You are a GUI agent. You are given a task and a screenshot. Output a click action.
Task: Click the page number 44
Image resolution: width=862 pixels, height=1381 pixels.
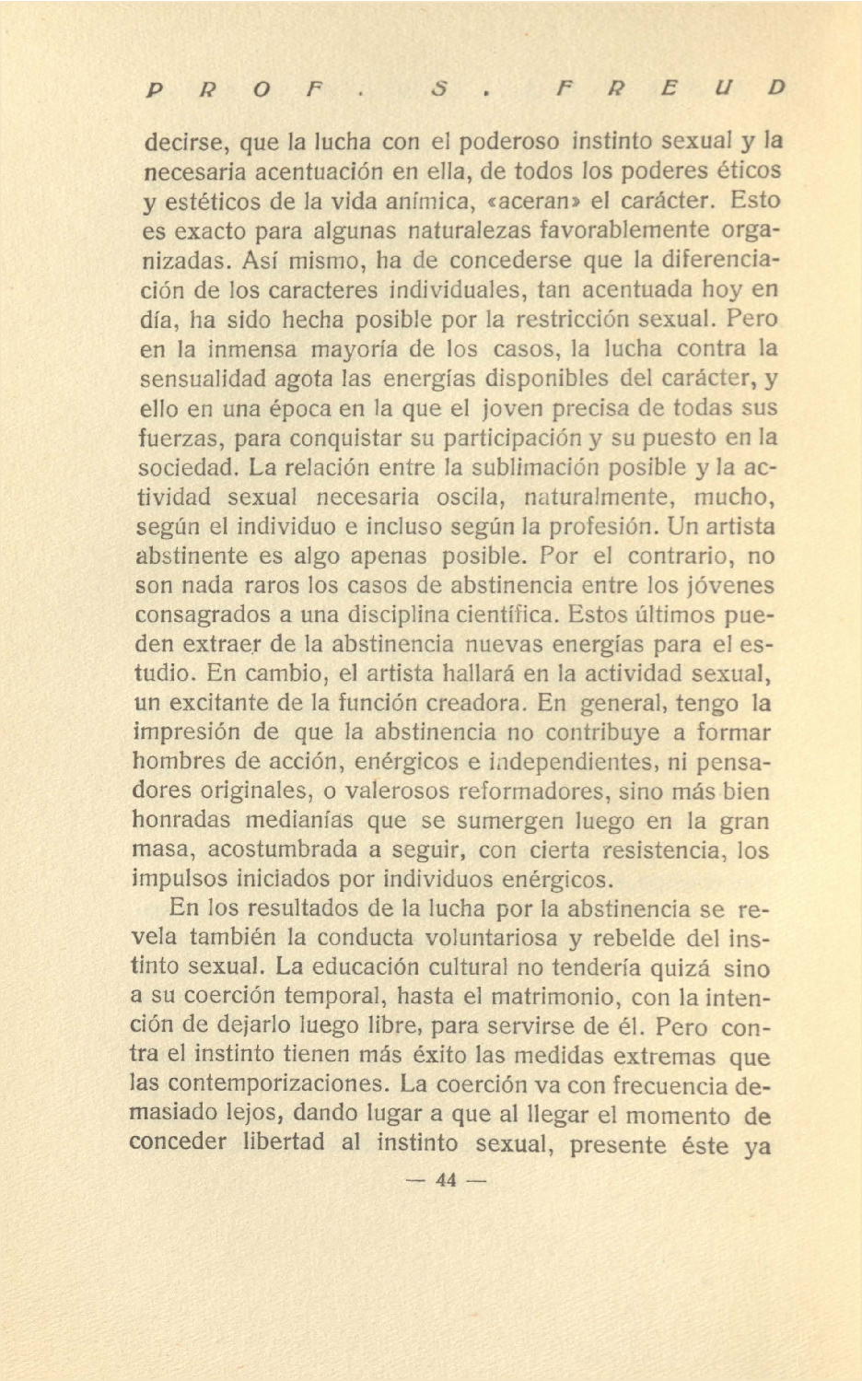(447, 1180)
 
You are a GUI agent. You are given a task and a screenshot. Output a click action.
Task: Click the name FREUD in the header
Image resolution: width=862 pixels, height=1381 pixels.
(670, 88)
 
